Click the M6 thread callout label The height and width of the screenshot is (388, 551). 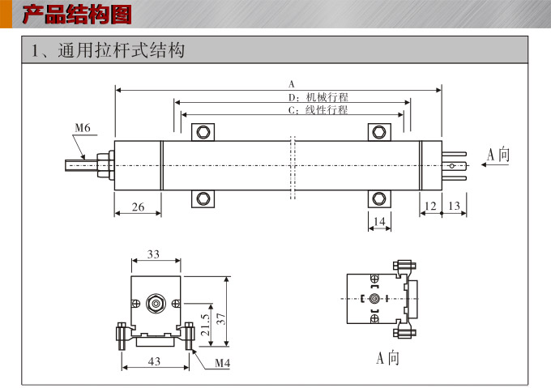tap(83, 128)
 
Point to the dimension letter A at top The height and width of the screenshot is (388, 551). tap(292, 84)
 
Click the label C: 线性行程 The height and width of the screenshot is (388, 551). tap(317, 109)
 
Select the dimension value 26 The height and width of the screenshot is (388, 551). tap(138, 207)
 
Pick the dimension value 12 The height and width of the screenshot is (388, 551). tap(431, 207)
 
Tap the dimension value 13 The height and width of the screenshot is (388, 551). tap(454, 207)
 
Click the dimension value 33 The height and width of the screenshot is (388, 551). tap(153, 254)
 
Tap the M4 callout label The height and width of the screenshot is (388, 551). tap(223, 362)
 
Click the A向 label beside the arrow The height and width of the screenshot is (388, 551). tap(498, 155)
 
